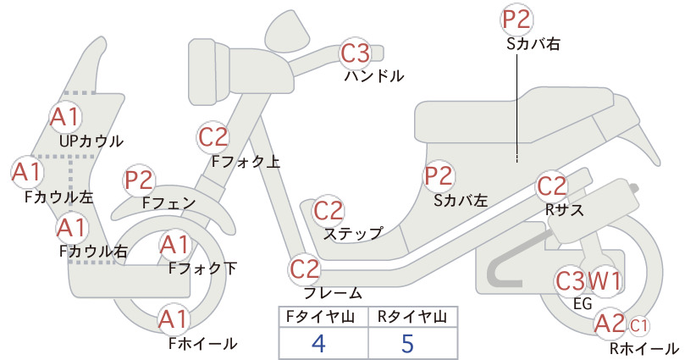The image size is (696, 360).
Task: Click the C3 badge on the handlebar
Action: pos(356,53)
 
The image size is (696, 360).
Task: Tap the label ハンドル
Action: pos(374,76)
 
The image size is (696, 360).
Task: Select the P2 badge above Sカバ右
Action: pos(516,19)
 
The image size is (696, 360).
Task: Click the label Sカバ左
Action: pos(461,201)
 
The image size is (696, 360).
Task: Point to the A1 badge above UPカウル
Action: pos(65,117)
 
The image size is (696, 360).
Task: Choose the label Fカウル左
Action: pos(59,197)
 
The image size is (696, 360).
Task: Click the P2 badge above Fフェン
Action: pos(139,180)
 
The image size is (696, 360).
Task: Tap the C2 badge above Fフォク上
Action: pos(213,137)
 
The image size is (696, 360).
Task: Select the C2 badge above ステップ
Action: pos(329,211)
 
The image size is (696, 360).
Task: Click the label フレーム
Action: pos(333,293)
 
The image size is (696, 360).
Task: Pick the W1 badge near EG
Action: pos(605,280)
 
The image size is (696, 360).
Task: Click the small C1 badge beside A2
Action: pos(638,326)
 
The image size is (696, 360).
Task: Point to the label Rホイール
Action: pos(644,348)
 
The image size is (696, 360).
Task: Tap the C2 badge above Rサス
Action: pos(552,186)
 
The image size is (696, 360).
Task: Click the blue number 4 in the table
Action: pos(318,343)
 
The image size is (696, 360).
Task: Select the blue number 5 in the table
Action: pos(407,343)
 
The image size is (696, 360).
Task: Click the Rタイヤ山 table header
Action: pos(412,317)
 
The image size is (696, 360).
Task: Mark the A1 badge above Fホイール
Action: pos(174,319)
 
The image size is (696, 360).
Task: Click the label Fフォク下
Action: pos(203,269)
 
